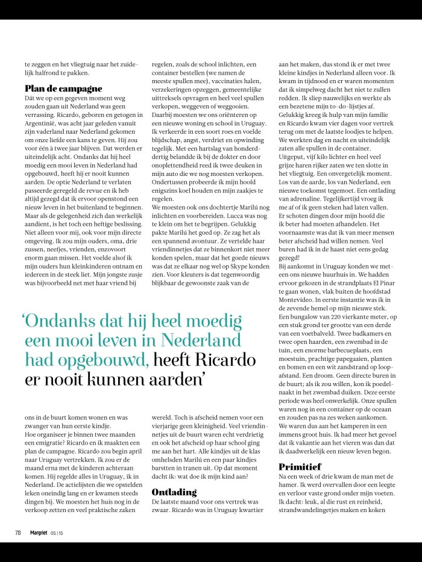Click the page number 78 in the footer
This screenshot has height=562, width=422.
pyautogui.click(x=18, y=532)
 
